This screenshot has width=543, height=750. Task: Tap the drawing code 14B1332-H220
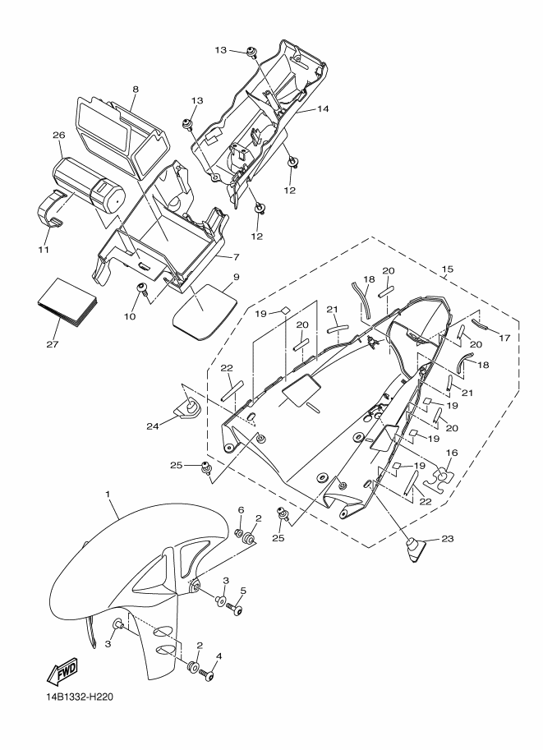click(76, 697)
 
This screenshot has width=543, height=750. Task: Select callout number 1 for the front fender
click(108, 493)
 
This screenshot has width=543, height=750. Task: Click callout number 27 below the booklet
click(52, 344)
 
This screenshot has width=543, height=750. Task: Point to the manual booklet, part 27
click(67, 302)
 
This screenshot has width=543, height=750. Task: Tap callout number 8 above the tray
click(136, 89)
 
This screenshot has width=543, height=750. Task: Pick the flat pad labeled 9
click(205, 311)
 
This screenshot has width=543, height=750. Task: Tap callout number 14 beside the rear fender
click(323, 109)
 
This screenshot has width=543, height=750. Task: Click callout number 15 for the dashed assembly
click(448, 269)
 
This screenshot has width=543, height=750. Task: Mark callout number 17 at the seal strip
click(504, 338)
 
